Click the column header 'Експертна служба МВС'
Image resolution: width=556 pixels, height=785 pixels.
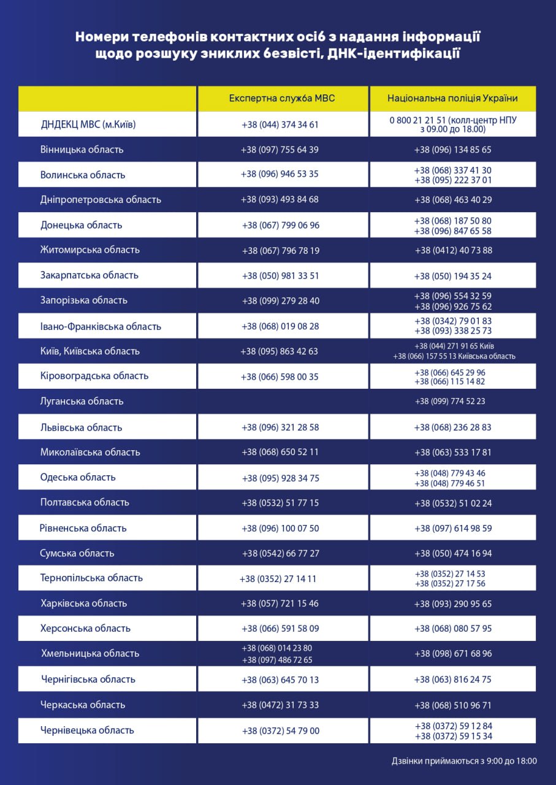[x=282, y=98]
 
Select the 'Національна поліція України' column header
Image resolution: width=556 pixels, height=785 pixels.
[x=452, y=98]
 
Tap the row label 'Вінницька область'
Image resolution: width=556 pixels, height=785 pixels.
[x=82, y=150]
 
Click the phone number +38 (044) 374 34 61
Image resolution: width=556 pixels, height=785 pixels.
[x=280, y=124]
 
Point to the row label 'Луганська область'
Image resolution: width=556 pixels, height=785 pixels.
[x=82, y=401]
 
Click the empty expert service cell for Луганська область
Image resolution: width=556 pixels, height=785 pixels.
[x=283, y=401]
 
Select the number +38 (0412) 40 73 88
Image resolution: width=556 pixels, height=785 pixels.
[x=453, y=250]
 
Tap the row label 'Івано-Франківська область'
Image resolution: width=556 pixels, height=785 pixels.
[x=101, y=326]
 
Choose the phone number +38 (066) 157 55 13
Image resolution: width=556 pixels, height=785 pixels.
[x=433, y=356]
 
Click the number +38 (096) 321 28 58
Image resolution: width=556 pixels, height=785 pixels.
[x=280, y=427]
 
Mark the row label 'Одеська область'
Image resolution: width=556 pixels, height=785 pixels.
[x=78, y=477]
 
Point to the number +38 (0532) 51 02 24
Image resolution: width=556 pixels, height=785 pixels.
[x=453, y=504]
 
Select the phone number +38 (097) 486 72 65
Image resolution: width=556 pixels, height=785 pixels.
[x=277, y=660]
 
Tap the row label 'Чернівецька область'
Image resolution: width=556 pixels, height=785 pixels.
[x=87, y=730]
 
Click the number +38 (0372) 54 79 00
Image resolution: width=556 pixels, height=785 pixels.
[x=280, y=731]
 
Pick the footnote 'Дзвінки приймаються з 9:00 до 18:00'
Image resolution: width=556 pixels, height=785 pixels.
[x=464, y=761]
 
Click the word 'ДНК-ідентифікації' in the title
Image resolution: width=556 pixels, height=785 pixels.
[x=394, y=54]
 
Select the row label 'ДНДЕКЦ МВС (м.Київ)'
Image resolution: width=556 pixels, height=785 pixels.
[x=88, y=124]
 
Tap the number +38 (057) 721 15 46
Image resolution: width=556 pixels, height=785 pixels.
[x=280, y=603]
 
